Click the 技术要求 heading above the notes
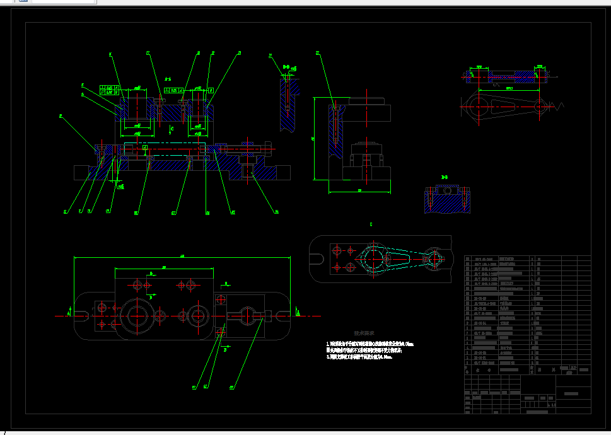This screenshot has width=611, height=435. pyautogui.click(x=364, y=333)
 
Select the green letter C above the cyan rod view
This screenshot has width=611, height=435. pyautogui.click(x=371, y=224)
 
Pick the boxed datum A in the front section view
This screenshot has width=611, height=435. pyautogui.click(x=144, y=148)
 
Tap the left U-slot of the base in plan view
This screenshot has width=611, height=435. pyautogui.click(x=83, y=313)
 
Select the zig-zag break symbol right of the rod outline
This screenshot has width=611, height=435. pyautogui.click(x=559, y=105)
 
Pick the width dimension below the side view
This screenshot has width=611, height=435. pyautogui.click(x=359, y=190)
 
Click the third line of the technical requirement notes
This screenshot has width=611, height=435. pyautogui.click(x=359, y=357)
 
